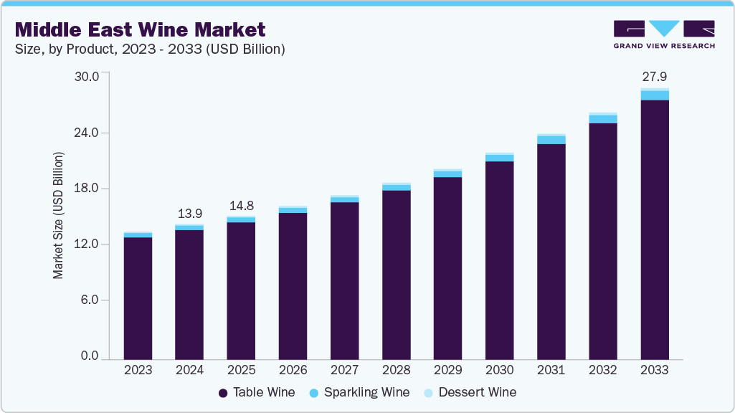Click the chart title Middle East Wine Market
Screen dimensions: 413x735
[x=141, y=29]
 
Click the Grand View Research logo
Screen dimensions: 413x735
[x=663, y=34]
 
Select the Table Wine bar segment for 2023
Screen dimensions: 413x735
[x=138, y=298]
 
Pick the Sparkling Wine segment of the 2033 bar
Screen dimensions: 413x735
[x=654, y=95]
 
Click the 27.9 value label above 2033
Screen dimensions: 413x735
[x=654, y=76]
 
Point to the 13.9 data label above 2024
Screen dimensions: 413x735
[x=189, y=213]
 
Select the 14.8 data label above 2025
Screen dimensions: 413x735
[x=241, y=206]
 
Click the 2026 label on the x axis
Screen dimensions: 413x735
[x=293, y=370]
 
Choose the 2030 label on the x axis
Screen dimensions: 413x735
[x=499, y=370]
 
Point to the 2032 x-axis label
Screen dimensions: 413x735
[x=602, y=370]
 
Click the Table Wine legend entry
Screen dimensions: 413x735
[x=256, y=392]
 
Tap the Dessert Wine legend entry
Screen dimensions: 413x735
[x=470, y=392]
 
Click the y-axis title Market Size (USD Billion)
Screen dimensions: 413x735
[x=59, y=215]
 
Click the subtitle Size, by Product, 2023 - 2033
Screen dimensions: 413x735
[x=151, y=49]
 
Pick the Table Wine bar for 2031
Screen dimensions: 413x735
[x=551, y=251]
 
